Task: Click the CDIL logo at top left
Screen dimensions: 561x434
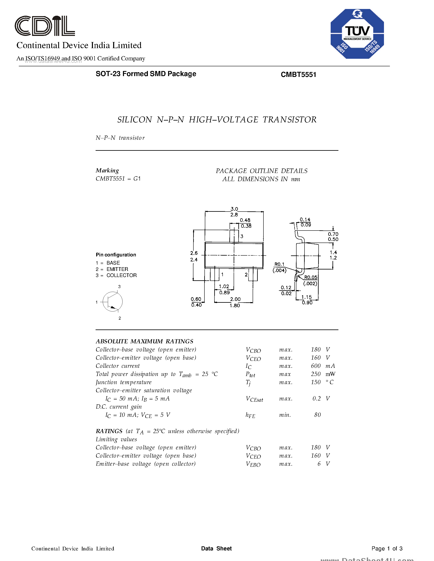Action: point(45,26)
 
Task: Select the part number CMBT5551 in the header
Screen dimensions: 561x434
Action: point(298,74)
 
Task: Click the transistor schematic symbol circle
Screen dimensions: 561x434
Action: point(112,302)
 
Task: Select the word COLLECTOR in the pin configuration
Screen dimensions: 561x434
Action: point(121,275)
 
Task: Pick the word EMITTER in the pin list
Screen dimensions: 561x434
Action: point(117,269)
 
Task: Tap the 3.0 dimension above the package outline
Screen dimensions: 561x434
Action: point(234,209)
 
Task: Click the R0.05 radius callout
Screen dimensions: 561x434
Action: point(311,277)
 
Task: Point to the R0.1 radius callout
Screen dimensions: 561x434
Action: point(279,264)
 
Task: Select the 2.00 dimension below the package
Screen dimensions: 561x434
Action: point(235,299)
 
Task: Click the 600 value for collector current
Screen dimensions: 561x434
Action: point(316,366)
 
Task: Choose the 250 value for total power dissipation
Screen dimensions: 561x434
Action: point(316,374)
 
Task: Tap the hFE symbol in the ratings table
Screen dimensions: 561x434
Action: point(250,415)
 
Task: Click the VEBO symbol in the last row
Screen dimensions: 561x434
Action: point(253,464)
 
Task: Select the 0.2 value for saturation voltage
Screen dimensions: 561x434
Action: point(317,398)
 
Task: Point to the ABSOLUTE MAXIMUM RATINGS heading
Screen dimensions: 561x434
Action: point(144,341)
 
